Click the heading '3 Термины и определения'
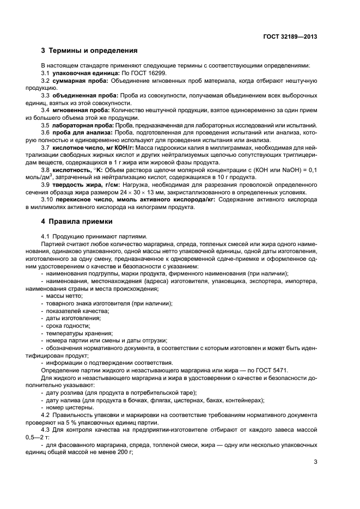click(x=89, y=51)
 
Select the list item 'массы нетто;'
click(x=61, y=295)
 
